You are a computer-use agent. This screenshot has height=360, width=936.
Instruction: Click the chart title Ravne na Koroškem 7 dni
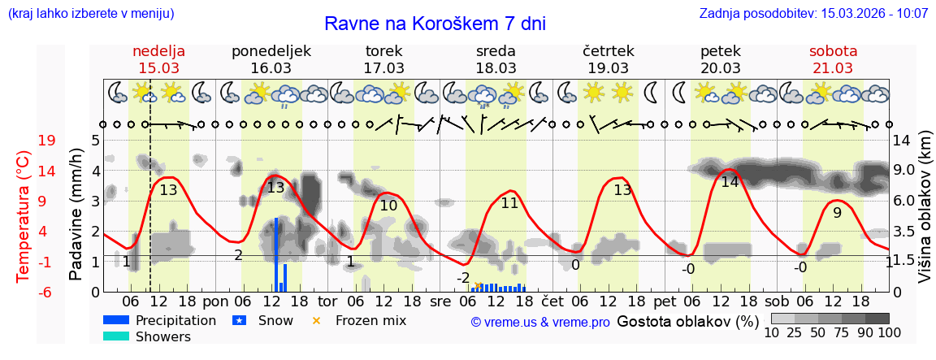pyautogui.click(x=435, y=24)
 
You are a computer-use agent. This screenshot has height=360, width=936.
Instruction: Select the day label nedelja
pyautogui.click(x=159, y=51)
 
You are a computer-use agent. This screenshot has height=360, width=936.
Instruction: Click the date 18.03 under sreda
pyautogui.click(x=496, y=68)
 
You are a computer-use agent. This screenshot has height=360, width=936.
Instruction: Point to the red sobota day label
pyautogui.click(x=833, y=51)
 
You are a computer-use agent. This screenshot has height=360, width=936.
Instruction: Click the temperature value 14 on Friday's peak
pyautogui.click(x=730, y=182)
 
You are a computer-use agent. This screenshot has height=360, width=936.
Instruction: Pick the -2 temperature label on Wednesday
pyautogui.click(x=463, y=278)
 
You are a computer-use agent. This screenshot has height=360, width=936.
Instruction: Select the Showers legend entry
pyautogui.click(x=163, y=336)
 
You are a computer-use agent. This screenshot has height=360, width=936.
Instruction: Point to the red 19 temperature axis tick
pyautogui.click(x=47, y=141)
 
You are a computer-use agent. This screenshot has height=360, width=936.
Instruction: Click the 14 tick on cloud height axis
pyautogui.click(x=902, y=141)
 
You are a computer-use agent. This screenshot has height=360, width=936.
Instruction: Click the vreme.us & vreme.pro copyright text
pyautogui.click(x=539, y=322)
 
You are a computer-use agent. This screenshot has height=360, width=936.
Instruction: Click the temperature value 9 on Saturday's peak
pyautogui.click(x=837, y=213)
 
